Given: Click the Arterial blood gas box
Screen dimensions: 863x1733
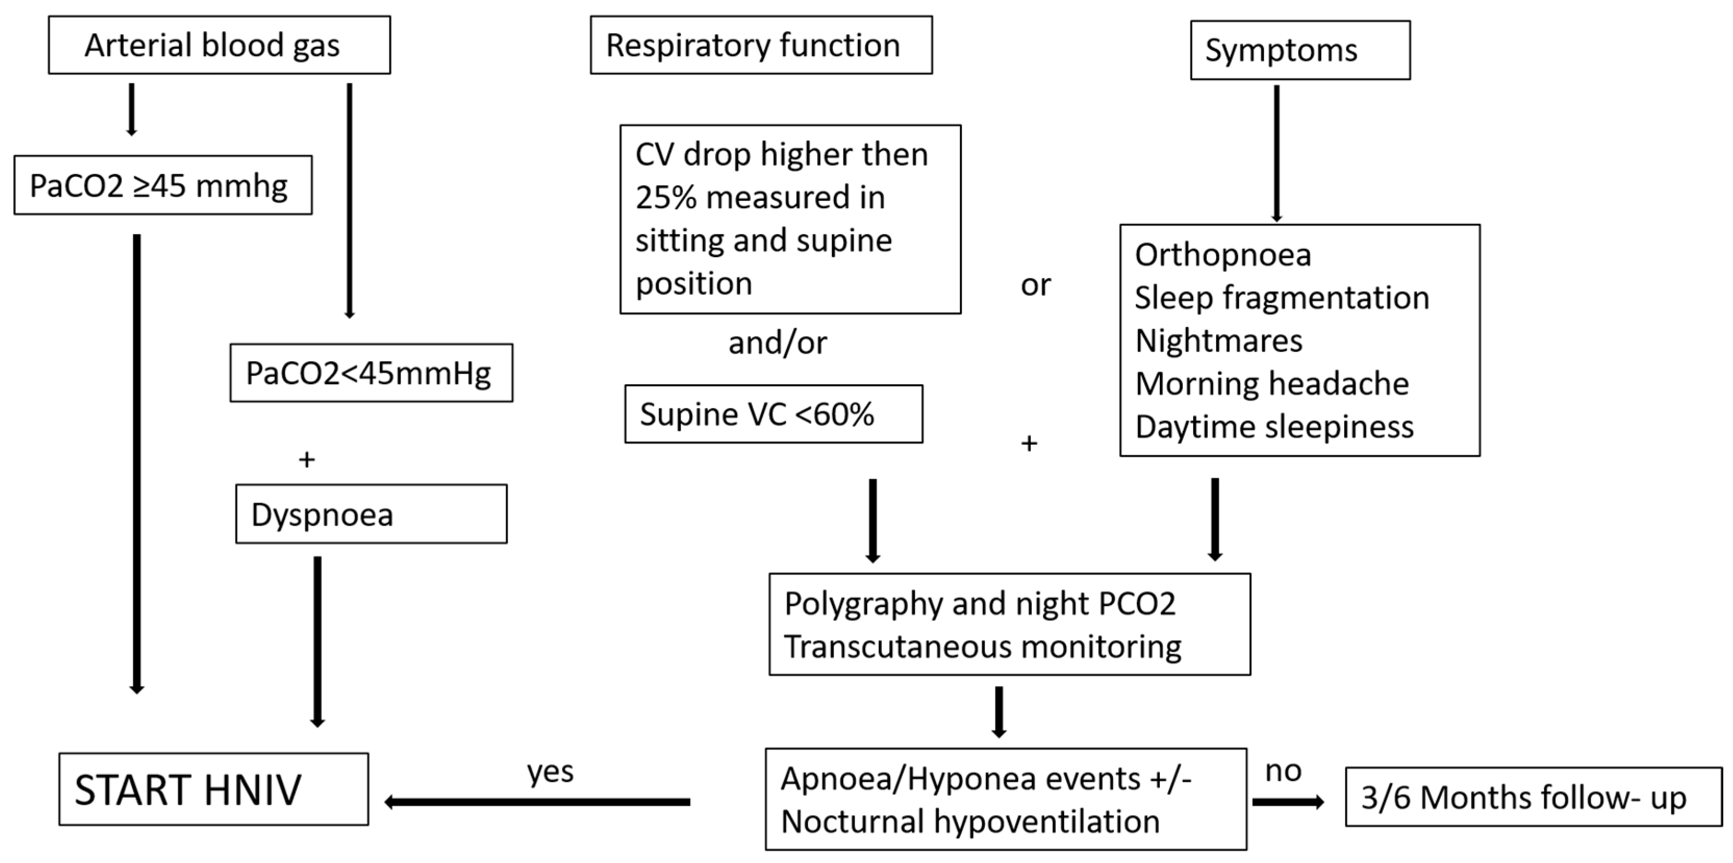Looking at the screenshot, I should click(x=219, y=45).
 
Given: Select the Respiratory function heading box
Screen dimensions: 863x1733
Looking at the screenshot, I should click(x=761, y=45).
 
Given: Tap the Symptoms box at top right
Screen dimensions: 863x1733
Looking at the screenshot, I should click(x=1300, y=50).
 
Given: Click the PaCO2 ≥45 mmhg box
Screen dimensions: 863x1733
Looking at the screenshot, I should click(x=163, y=186).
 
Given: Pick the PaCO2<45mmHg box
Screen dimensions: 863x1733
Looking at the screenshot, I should click(x=371, y=373).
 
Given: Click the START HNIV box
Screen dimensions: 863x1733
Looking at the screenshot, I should click(x=213, y=789).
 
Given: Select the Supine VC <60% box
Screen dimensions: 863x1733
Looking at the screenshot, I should click(x=773, y=414).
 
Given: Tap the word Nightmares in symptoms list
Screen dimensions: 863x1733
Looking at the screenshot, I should click(x=1218, y=340).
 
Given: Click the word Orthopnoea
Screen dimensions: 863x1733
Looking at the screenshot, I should click(x=1222, y=255).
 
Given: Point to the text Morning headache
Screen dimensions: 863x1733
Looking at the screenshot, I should click(x=1271, y=384).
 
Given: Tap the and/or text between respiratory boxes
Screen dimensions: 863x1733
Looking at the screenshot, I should click(x=777, y=343).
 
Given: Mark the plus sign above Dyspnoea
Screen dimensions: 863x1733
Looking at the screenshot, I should click(x=307, y=460).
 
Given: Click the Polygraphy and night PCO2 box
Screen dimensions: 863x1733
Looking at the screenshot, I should click(x=1009, y=624).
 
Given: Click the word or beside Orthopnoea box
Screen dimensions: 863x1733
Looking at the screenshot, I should click(x=1035, y=285).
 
